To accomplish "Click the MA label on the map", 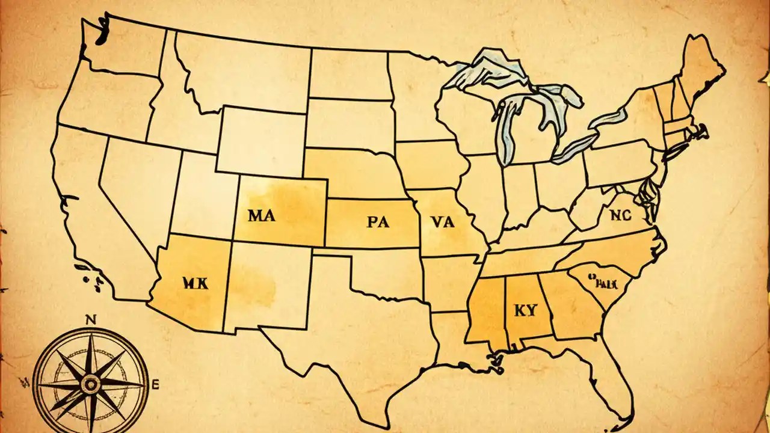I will pos(261,216).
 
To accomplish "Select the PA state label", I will pos(378,222).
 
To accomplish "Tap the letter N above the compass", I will pos(91,320).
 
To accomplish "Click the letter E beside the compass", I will pos(156,383).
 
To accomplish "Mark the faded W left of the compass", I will pos(25,380).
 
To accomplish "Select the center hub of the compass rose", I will pos(91,383).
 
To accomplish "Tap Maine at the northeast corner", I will pos(701,66).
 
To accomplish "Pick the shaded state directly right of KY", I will pos(568,307).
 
